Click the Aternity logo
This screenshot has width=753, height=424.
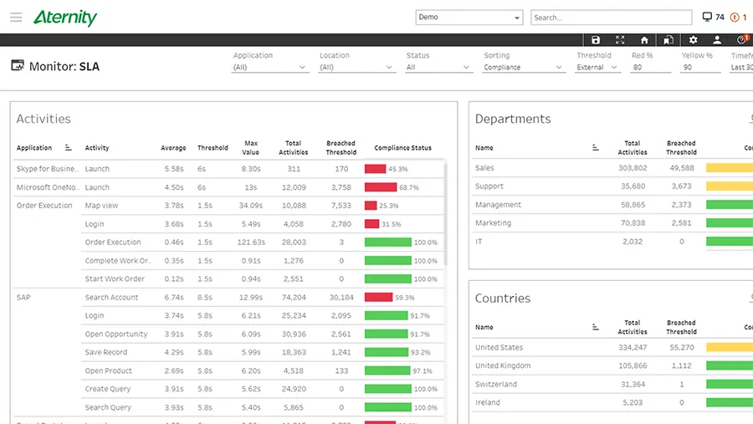pos(65,18)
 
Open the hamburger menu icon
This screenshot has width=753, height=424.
pos(16,18)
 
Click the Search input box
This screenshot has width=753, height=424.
pos(611,18)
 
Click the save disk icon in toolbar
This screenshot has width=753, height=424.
pos(596,40)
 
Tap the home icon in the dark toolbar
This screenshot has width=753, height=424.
pos(644,40)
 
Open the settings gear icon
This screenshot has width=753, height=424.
pos(693,40)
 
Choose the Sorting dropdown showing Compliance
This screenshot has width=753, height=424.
pos(524,68)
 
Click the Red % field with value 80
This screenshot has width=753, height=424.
pos(651,68)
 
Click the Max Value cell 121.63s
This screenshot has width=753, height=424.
pos(251,243)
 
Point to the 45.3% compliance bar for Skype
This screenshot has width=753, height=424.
pos(376,169)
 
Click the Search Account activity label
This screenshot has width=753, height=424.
pos(111,298)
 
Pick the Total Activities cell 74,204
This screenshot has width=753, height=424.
pos(293,298)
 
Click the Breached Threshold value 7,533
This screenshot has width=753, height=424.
pos(341,206)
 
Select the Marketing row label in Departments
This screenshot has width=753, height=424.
pos(493,223)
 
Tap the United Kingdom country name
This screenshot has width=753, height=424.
pos(503,366)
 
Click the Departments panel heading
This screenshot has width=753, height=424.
pos(513,119)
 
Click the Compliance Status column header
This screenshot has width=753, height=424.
pos(402,148)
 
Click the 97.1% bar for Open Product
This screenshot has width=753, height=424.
pos(387,371)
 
